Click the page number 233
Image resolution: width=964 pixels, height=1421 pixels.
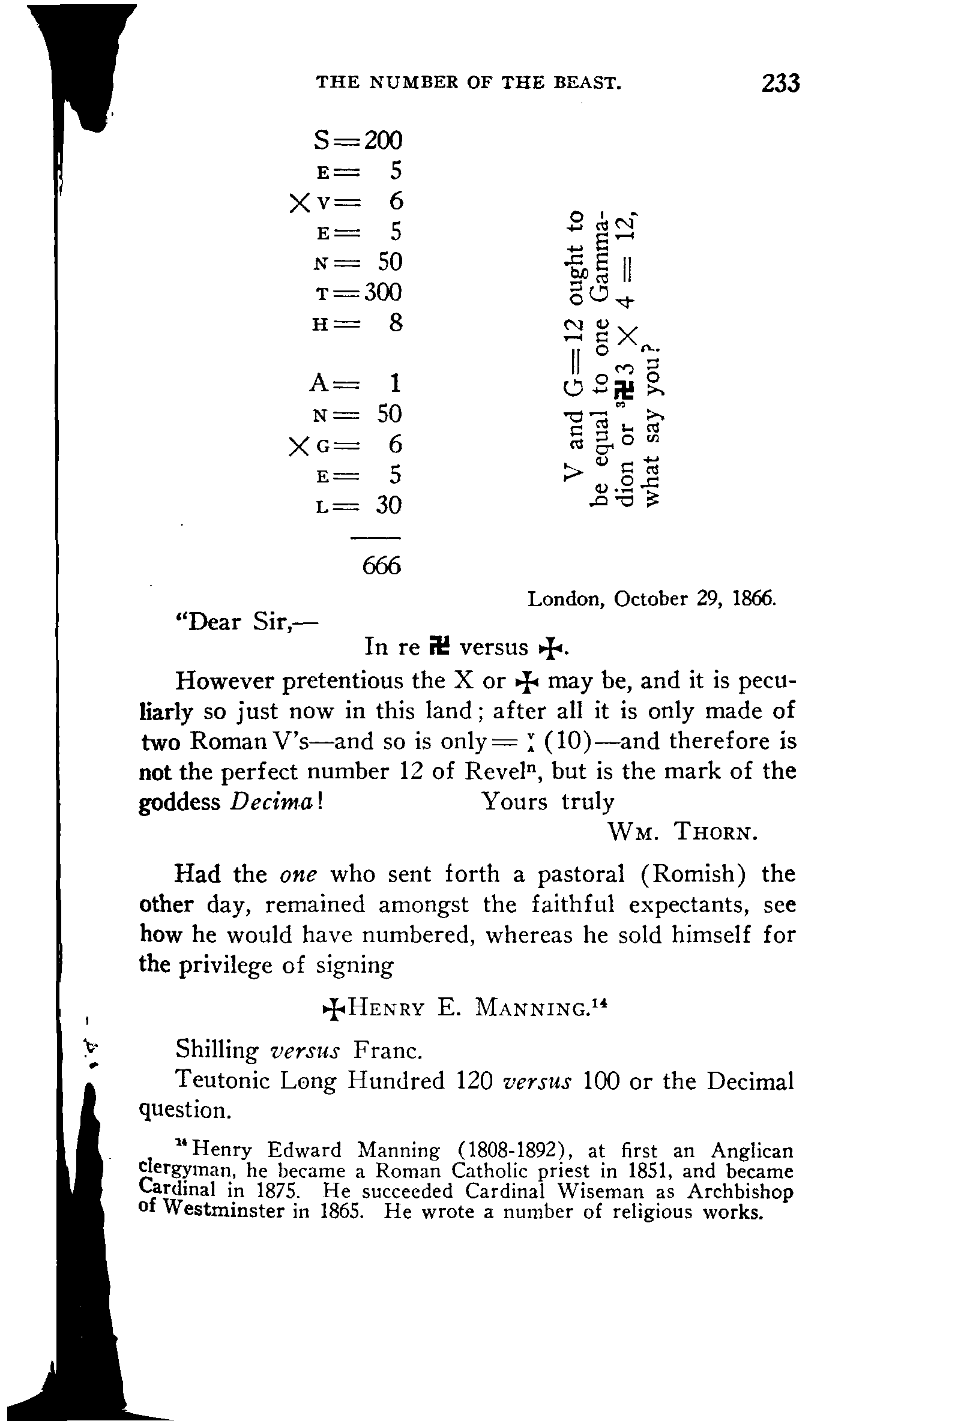(x=780, y=83)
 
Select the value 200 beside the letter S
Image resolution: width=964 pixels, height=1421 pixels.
(x=384, y=140)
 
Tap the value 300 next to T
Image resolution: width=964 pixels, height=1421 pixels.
(x=384, y=292)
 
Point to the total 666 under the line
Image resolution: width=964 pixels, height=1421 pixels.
(x=382, y=566)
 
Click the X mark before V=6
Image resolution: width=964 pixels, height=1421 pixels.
(x=300, y=202)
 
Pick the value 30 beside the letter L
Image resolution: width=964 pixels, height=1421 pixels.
(x=388, y=506)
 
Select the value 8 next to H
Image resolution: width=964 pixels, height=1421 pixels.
(x=396, y=323)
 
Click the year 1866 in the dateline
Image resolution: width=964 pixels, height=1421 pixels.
(x=753, y=598)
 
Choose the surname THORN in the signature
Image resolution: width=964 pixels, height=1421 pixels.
(x=715, y=832)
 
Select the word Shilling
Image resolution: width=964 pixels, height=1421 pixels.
(x=217, y=1050)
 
